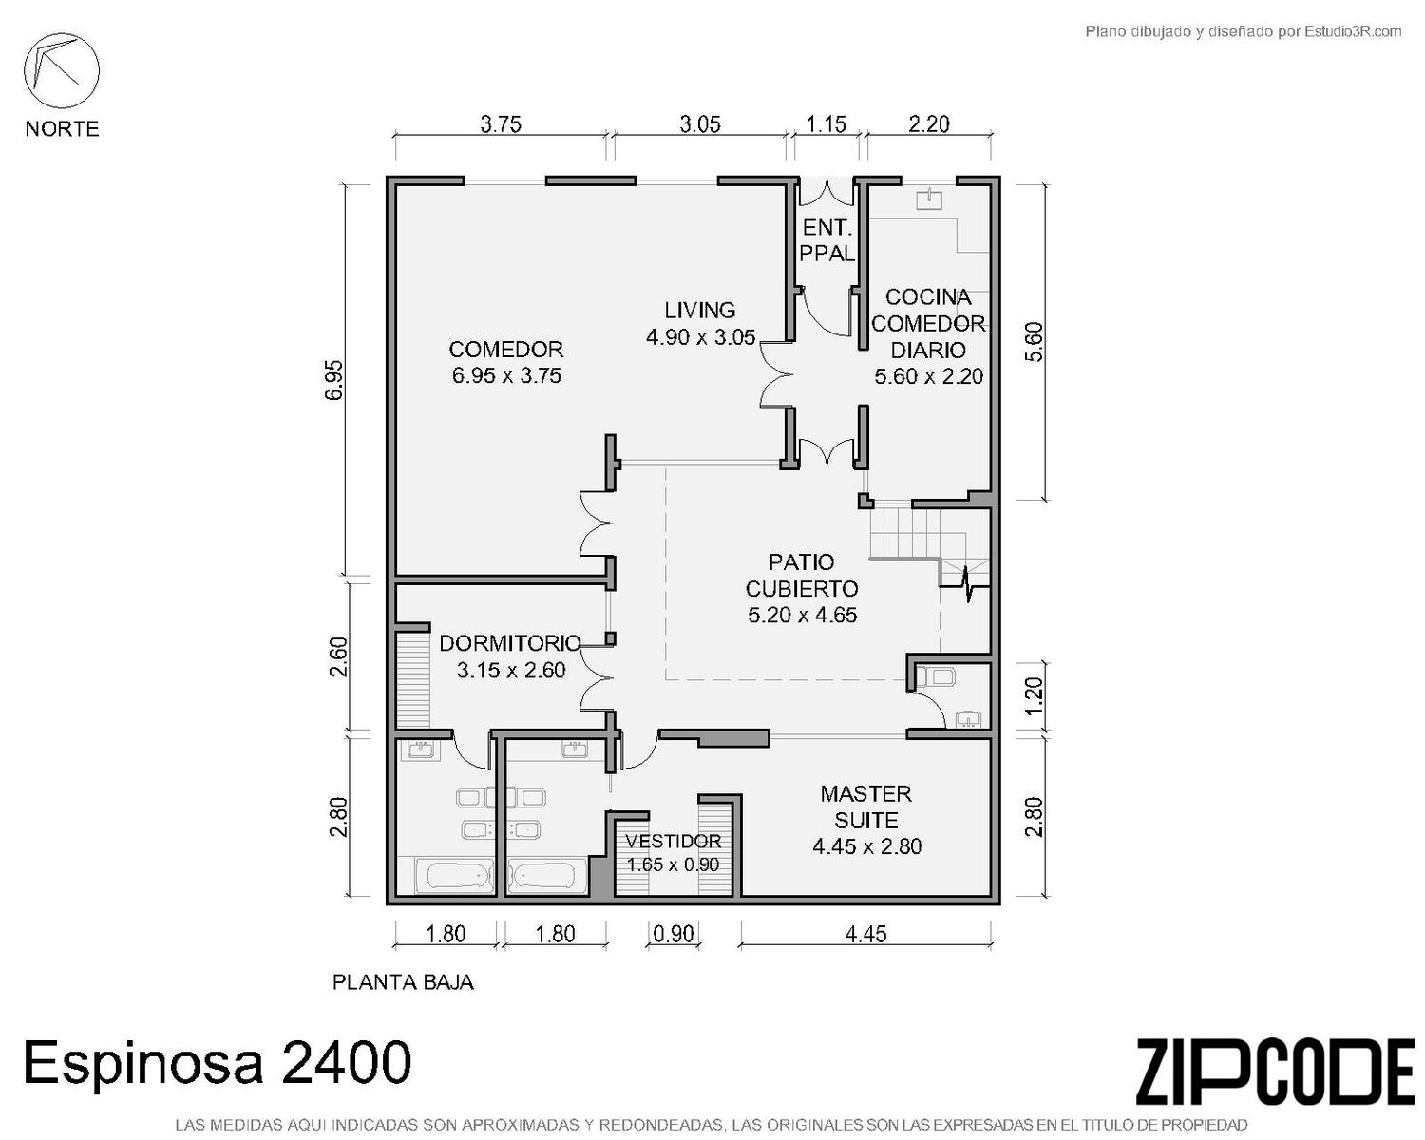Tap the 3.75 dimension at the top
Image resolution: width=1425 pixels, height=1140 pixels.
(x=501, y=124)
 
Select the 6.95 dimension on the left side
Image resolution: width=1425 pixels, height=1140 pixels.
(x=334, y=380)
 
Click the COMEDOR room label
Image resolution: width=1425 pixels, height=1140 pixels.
(x=506, y=349)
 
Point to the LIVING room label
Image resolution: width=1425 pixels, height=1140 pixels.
(x=700, y=310)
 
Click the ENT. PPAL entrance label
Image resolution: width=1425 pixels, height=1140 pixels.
(x=826, y=240)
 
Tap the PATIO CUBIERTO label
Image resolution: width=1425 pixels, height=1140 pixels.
(x=801, y=575)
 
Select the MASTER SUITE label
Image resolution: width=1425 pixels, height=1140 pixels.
(x=866, y=807)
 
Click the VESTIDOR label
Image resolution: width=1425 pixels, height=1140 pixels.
(x=674, y=842)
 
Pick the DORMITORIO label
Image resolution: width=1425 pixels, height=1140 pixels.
(x=510, y=643)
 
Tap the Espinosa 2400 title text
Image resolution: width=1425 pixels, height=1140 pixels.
(x=218, y=1062)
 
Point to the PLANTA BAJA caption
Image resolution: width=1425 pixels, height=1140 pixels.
(x=403, y=981)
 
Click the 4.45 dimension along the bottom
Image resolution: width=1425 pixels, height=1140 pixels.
(x=865, y=934)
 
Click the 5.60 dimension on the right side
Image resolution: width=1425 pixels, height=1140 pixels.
(x=1033, y=341)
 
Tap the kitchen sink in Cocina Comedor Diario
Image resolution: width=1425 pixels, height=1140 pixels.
(x=928, y=199)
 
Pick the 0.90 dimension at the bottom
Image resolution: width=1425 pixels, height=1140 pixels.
(x=674, y=934)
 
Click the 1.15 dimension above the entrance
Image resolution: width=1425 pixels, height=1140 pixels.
(x=826, y=124)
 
